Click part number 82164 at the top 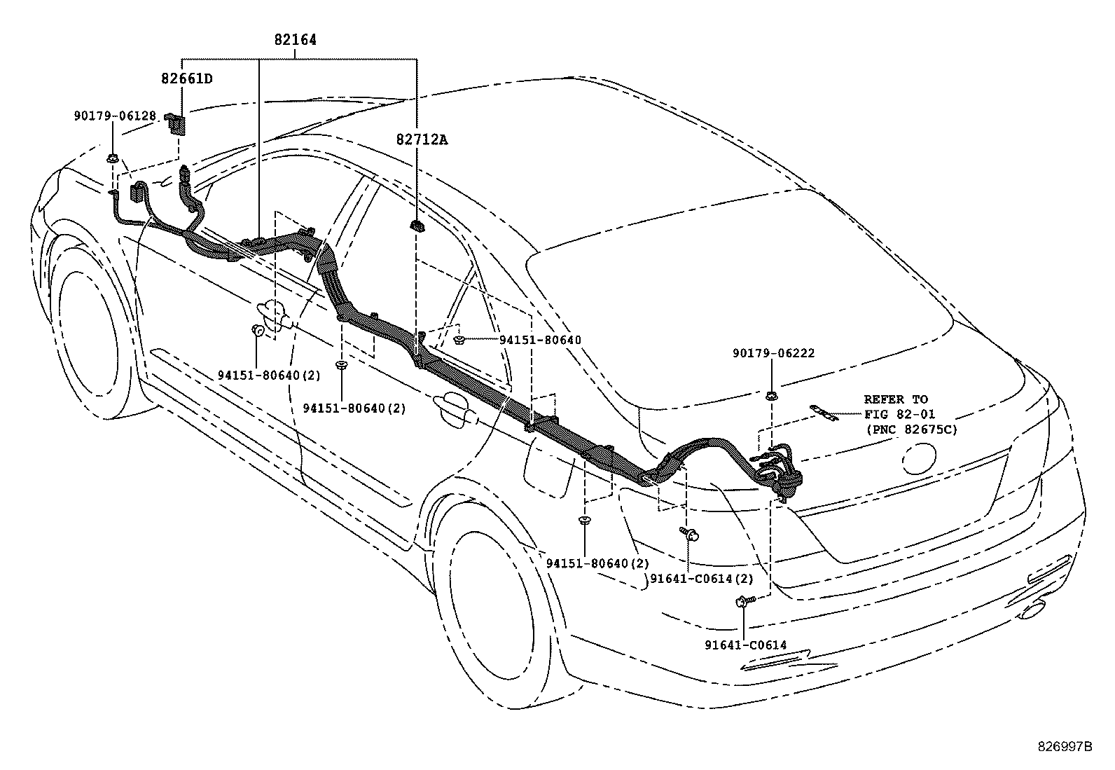(x=294, y=40)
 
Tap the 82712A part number (x=422, y=139)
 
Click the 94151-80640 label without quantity (x=540, y=341)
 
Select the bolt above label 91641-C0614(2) (x=688, y=535)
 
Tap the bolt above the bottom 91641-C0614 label (x=744, y=600)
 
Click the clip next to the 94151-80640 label (x=459, y=341)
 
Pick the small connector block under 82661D (x=177, y=125)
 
